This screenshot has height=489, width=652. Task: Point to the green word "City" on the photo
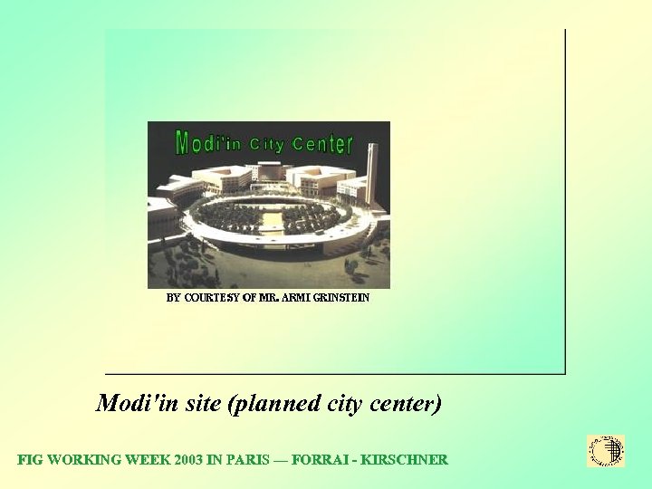pyautogui.click(x=266, y=144)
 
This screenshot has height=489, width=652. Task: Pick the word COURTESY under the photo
pyautogui.click(x=211, y=297)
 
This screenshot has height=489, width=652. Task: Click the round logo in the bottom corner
pyautogui.click(x=606, y=450)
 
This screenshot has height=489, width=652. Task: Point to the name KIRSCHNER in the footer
pyautogui.click(x=404, y=460)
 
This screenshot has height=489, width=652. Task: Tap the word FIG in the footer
pyautogui.click(x=30, y=460)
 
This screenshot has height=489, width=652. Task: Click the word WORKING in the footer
pyautogui.click(x=83, y=460)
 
